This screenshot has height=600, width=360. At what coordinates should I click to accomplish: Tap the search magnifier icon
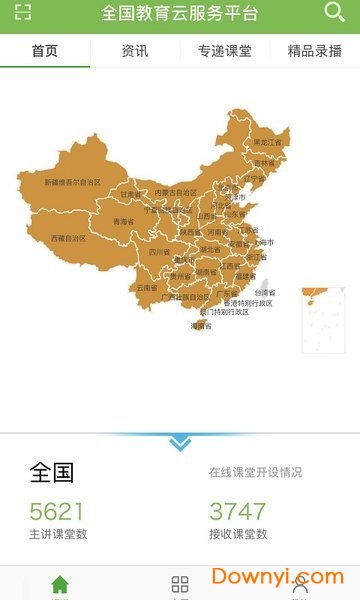pos(335,13)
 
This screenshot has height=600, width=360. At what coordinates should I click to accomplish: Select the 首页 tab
pos(45,51)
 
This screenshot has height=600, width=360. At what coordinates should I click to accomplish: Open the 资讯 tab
pos(135,51)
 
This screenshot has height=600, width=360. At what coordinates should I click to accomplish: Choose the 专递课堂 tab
pos(225,51)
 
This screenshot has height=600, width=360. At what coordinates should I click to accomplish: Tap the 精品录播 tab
pos(315,51)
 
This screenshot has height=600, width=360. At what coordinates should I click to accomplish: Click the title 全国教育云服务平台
pos(180,14)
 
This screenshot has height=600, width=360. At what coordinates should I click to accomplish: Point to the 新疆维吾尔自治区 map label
pos(73,183)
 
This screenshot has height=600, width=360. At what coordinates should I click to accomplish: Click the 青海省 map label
pos(123,221)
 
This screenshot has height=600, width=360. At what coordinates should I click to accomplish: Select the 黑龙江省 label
pos(267,143)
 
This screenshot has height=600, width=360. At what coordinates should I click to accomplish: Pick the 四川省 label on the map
pos(159,253)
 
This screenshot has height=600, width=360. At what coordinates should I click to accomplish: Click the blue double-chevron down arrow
pos(180,443)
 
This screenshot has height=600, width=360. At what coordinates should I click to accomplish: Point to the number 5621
pos(57,511)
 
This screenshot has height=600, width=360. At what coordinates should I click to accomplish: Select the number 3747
pos(237,511)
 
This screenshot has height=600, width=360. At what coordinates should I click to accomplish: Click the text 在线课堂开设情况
pos(255,472)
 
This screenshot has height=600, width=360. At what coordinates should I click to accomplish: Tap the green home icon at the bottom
pos(60,585)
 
